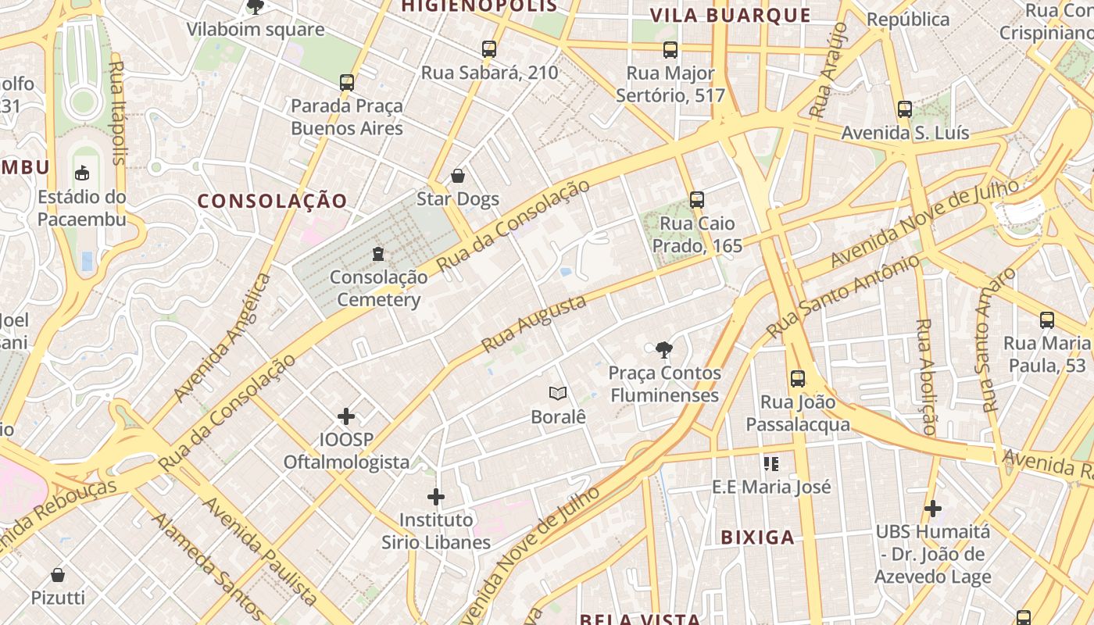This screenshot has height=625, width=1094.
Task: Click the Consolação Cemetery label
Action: [379, 288]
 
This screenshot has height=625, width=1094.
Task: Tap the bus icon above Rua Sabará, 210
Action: [489, 49]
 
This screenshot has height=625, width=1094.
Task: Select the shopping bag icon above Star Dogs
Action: [458, 176]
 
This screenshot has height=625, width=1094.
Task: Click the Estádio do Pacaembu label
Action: [82, 207]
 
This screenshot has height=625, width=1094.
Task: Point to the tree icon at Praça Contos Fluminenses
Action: [664, 349]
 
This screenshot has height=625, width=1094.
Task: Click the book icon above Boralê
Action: [558, 393]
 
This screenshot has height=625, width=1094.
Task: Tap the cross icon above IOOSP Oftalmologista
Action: [346, 416]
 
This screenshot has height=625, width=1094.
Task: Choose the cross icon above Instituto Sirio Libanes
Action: [436, 496]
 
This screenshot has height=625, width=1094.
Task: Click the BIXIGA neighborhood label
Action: [757, 537]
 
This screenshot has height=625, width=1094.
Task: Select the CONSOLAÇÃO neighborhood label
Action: [272, 201]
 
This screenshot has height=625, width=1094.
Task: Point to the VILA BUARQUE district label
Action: [731, 15]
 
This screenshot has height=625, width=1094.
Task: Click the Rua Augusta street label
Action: [534, 323]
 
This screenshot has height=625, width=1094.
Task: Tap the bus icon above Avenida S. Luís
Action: [905, 109]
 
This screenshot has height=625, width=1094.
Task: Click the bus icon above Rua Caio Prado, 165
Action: [697, 200]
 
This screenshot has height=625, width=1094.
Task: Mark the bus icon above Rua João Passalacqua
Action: [798, 379]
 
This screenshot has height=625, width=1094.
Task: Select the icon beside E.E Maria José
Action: [771, 464]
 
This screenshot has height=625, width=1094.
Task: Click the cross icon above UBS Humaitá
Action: [932, 509]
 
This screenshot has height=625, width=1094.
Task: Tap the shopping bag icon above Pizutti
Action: [58, 575]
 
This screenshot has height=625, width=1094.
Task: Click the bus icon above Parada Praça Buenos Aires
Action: [347, 82]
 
